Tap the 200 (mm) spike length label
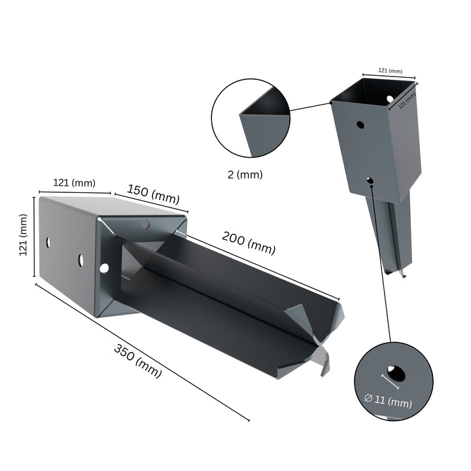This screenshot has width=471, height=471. (x=249, y=243)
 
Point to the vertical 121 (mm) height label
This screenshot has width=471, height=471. (x=24, y=237)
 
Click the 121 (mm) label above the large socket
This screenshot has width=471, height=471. (x=73, y=183)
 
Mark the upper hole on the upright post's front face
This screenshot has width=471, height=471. (x=359, y=123)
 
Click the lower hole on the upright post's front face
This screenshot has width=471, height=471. (x=370, y=179)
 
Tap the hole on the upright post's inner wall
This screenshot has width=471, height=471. (x=391, y=98)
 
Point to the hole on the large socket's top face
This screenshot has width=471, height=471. (x=145, y=224)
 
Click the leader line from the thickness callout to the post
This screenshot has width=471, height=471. (x=310, y=106)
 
